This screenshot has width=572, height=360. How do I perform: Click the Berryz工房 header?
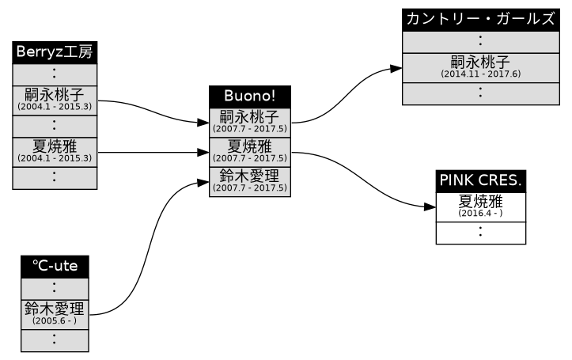[x=54, y=52]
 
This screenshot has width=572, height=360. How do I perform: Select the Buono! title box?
[x=250, y=96]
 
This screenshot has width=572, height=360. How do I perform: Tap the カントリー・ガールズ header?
[x=480, y=20]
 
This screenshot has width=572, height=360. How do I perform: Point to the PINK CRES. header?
[x=480, y=180]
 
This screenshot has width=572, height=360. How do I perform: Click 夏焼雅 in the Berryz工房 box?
[x=54, y=146]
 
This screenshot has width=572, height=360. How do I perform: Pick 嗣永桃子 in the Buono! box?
[x=250, y=118]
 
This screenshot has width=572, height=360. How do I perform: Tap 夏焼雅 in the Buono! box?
[x=250, y=146]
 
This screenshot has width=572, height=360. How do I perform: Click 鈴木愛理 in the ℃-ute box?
[x=55, y=309]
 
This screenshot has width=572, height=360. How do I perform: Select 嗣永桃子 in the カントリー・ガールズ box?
[x=480, y=61]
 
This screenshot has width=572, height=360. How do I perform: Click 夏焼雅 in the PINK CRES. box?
[x=480, y=201]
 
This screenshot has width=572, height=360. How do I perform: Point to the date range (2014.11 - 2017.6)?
[x=480, y=74]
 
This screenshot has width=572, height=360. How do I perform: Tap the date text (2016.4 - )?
[x=480, y=213]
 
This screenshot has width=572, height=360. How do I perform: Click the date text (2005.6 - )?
[x=55, y=321]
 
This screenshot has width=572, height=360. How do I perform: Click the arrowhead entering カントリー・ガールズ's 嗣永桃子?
[x=396, y=70]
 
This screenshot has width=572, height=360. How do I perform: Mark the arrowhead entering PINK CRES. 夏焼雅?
[x=430, y=207]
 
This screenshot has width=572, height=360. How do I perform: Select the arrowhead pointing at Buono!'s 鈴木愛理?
[x=203, y=182]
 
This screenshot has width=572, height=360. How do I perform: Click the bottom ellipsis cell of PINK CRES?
[x=480, y=233]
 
